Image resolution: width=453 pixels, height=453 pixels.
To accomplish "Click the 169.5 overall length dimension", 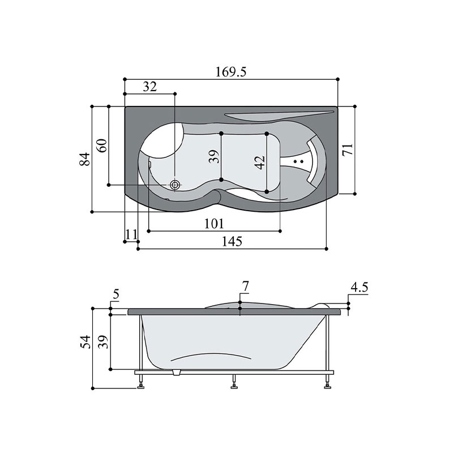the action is pos(231,72).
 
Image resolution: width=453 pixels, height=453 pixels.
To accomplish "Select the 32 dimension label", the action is pos(150,87).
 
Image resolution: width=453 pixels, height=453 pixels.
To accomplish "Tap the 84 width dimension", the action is pos(84,159).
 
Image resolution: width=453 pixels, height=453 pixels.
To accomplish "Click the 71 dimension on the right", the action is pos(348,149).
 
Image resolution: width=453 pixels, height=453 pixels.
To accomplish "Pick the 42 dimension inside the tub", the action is pos(260,163).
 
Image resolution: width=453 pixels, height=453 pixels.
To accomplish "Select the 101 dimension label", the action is pos(214,224).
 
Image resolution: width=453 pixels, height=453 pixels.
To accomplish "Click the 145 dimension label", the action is pos(232,241).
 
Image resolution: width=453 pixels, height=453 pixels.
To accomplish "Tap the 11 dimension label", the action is pos(131,234).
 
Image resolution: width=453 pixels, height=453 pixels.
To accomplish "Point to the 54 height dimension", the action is pos(86,342).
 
